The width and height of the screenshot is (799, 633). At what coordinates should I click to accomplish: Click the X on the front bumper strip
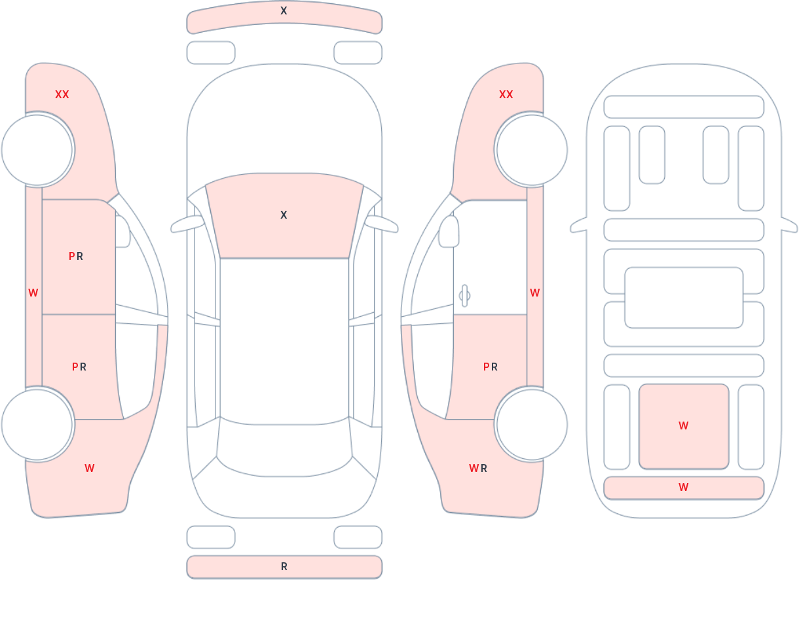284,11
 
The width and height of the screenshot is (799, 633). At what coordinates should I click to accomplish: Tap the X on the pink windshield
284,215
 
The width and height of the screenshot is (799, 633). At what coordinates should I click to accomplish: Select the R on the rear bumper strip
284,567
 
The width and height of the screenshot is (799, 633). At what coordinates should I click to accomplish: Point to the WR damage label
478,469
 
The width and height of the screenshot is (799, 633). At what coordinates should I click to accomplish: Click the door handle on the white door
464,296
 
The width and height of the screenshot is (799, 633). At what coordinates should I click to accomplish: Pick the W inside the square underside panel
683,426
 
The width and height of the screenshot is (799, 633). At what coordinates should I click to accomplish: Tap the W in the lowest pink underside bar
683,488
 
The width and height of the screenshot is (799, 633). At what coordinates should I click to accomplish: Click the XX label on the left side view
62,95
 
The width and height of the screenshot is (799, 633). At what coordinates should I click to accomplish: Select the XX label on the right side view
506,95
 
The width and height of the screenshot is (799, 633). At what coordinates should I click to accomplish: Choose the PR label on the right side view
491,367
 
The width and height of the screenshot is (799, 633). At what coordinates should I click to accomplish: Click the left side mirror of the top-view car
187,225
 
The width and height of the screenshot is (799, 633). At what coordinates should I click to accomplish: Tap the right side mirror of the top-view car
381,225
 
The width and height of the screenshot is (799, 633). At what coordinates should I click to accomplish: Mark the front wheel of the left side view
37,150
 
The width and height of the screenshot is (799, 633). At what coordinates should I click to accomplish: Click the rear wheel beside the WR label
531,425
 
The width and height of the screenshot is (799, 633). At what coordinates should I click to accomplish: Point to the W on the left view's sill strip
33,293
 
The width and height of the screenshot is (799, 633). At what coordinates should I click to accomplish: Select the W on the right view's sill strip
535,293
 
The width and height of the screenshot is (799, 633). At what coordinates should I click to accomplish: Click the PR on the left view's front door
76,257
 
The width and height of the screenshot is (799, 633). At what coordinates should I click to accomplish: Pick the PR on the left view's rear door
79,367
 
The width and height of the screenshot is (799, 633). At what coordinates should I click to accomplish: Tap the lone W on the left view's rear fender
90,469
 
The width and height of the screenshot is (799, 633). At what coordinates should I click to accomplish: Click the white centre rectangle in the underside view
683,298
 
